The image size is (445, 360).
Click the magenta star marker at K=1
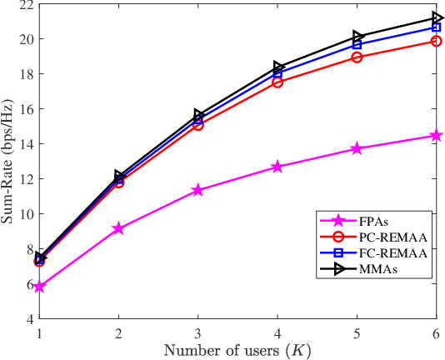coord(39,287)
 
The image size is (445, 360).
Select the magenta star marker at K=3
coord(197,190)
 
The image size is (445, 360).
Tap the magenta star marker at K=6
coord(436,135)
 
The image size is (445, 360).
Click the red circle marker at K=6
coord(436,41)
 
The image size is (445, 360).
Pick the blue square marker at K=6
coord(436,27)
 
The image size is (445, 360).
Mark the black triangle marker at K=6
coord(436,17)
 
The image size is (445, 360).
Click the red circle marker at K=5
coord(357,57)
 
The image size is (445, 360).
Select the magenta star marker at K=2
coord(118,228)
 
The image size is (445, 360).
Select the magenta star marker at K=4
coord(277,167)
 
